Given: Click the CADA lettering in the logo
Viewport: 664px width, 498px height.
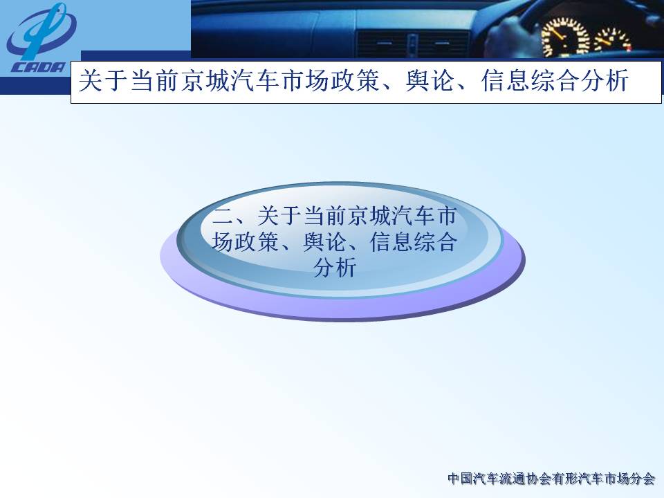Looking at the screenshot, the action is point(39,68).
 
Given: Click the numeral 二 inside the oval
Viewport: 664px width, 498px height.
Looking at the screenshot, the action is point(223,216).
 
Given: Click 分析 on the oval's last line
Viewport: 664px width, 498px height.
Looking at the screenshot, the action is point(335,268).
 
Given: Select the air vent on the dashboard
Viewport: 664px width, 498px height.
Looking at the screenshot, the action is point(413,45).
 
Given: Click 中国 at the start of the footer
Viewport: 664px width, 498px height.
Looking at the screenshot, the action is point(461,479).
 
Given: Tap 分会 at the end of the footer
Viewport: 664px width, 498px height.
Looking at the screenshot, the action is point(643,479).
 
